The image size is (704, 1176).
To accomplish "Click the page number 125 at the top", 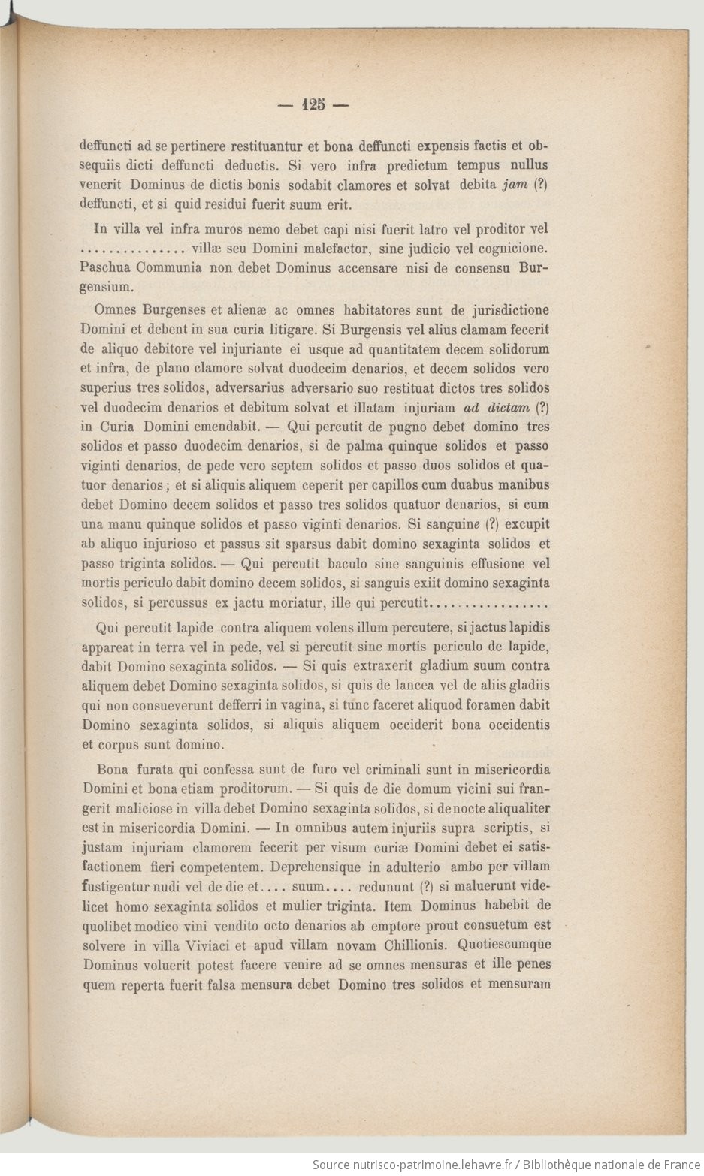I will pyautogui.click(x=314, y=106).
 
